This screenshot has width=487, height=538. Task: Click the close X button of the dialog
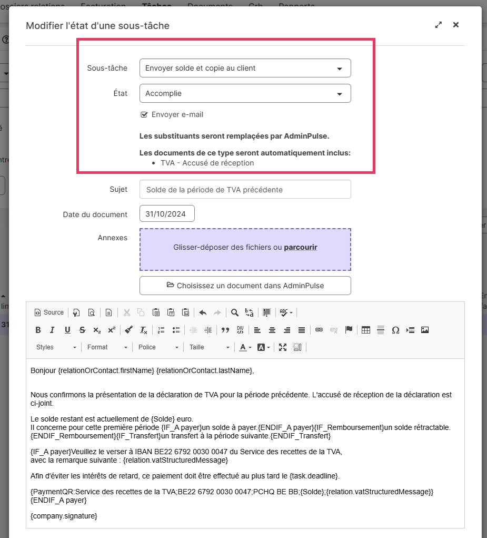[456, 25]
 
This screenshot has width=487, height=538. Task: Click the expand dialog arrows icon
[438, 25]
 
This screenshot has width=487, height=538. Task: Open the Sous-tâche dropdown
[245, 68]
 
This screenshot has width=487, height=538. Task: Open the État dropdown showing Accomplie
[245, 93]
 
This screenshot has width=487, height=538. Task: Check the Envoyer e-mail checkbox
[144, 114]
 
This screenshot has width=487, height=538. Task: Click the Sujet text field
[245, 189]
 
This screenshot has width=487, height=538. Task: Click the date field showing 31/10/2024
[167, 214]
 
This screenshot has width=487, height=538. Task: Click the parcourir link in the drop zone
[301, 247]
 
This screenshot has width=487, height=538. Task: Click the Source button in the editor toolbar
[49, 312]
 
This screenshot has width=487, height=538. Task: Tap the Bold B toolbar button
[38, 330]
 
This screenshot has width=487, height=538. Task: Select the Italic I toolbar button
[52, 330]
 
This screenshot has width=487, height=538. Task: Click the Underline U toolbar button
[67, 330]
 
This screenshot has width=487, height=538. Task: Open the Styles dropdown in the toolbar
[56, 347]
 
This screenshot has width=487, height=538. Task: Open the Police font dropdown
[158, 347]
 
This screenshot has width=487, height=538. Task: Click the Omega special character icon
[395, 330]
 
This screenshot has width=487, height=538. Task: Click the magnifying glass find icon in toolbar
[235, 312]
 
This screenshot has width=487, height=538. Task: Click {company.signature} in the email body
[64, 516]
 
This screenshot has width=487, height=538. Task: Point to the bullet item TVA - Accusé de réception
[207, 163]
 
